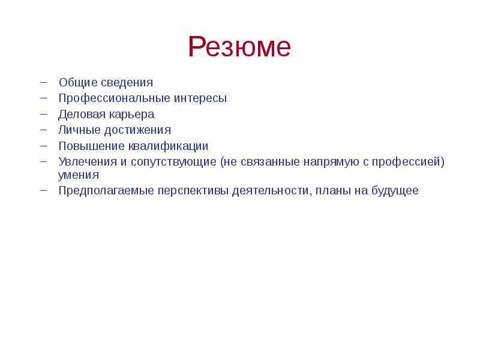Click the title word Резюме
point(239,47)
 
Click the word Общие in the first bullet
point(78,83)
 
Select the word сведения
point(127,83)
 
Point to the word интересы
point(200,98)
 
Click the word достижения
point(138,130)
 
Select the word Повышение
point(91,146)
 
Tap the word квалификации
point(169,146)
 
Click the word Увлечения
point(88,161)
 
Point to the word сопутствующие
point(173,162)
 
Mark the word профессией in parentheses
point(406,162)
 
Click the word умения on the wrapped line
point(79,175)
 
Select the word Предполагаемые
point(106,191)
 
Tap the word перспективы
point(193,191)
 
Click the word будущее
point(395,191)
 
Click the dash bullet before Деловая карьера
point(43,113)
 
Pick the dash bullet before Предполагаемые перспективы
point(43,190)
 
